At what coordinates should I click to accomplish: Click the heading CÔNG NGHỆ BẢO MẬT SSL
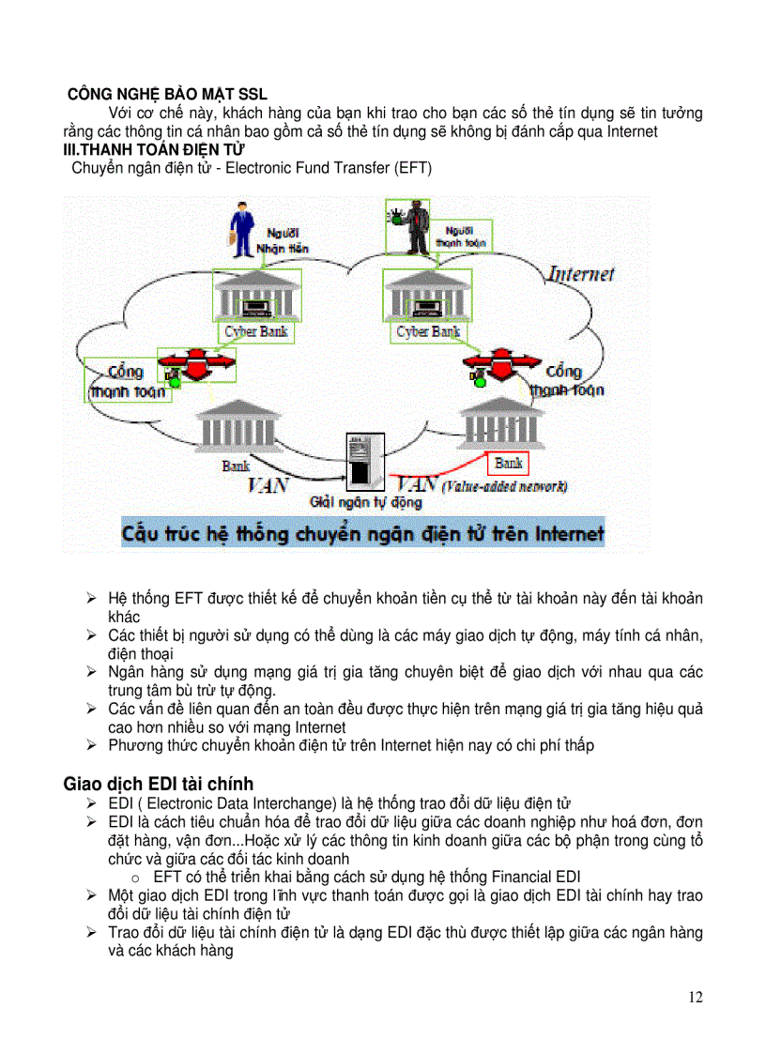click(x=167, y=94)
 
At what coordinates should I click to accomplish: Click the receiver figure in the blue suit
click(x=241, y=234)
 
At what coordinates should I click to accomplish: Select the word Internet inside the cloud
click(x=581, y=274)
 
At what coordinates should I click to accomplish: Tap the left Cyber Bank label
click(x=256, y=332)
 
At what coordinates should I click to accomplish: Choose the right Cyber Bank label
click(x=428, y=332)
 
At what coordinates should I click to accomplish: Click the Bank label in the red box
click(x=508, y=463)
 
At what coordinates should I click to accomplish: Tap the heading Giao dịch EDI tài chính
click(x=158, y=783)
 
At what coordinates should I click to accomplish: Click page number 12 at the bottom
click(x=695, y=997)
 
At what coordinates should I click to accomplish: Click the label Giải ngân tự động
click(x=352, y=502)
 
